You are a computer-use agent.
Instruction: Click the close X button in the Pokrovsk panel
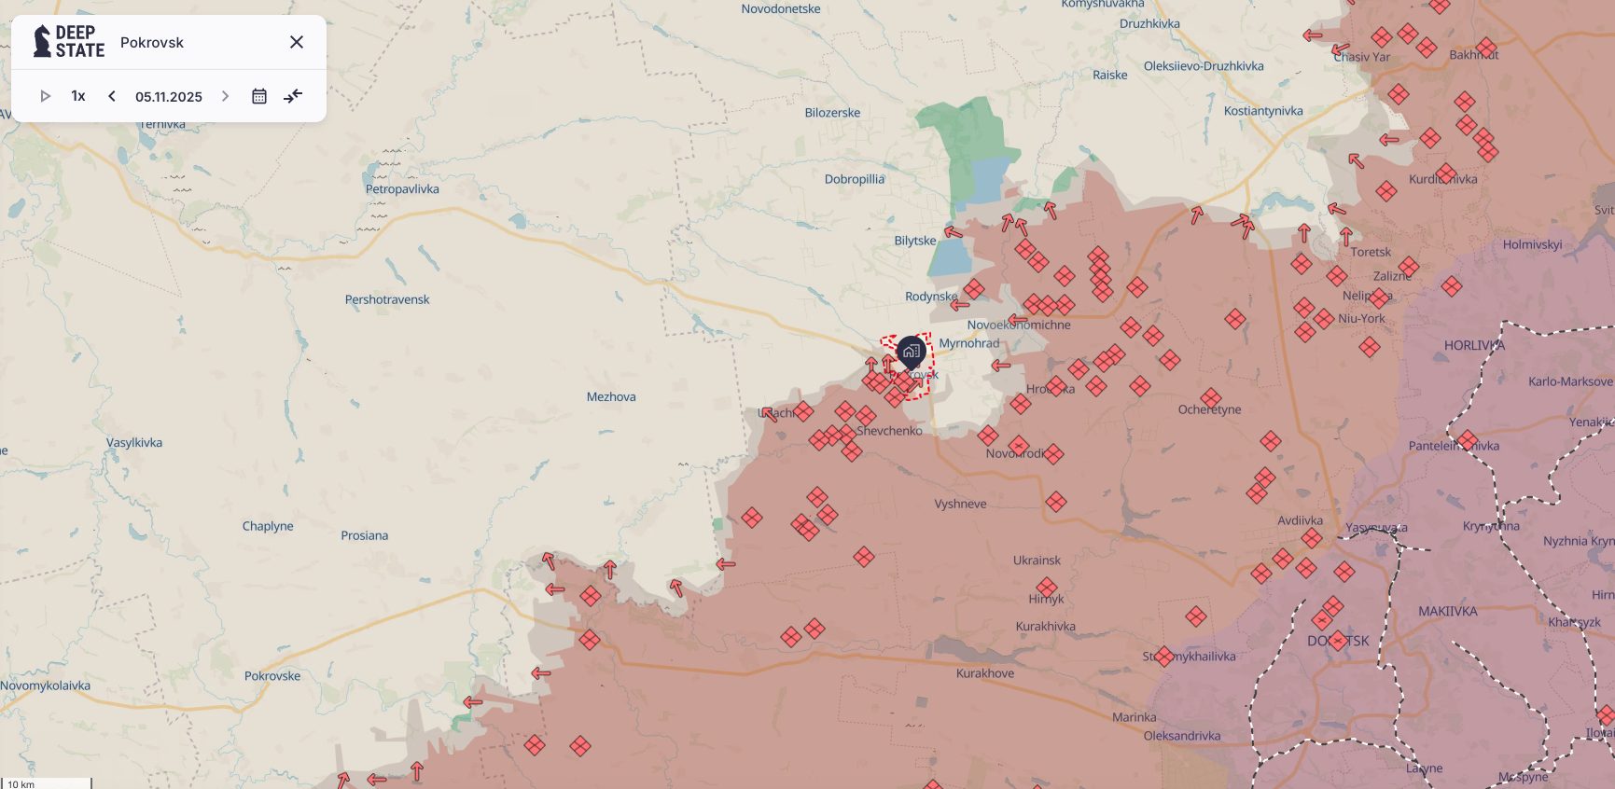(297, 42)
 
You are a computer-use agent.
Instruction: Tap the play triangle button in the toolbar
(45, 96)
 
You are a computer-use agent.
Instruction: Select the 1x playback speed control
(78, 96)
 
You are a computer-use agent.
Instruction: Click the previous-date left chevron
(112, 96)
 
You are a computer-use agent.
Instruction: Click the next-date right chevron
(225, 96)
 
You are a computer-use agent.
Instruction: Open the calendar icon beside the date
(259, 96)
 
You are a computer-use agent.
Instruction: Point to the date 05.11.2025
(169, 97)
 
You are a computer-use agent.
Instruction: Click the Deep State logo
(68, 42)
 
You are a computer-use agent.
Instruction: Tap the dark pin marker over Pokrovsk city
(911, 353)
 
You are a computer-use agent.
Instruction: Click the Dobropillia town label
(854, 179)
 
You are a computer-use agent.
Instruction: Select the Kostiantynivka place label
(1263, 111)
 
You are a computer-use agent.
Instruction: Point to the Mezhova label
(611, 396)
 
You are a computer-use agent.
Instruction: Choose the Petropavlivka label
(402, 189)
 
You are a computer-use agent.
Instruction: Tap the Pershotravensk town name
(387, 299)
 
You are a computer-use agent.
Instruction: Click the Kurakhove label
(984, 673)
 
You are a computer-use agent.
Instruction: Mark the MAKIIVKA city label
(1447, 611)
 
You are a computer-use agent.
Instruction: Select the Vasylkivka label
(134, 443)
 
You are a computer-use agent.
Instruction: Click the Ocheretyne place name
(1209, 409)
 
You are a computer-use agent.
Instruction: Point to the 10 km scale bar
(47, 782)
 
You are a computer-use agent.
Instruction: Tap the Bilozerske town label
(832, 113)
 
